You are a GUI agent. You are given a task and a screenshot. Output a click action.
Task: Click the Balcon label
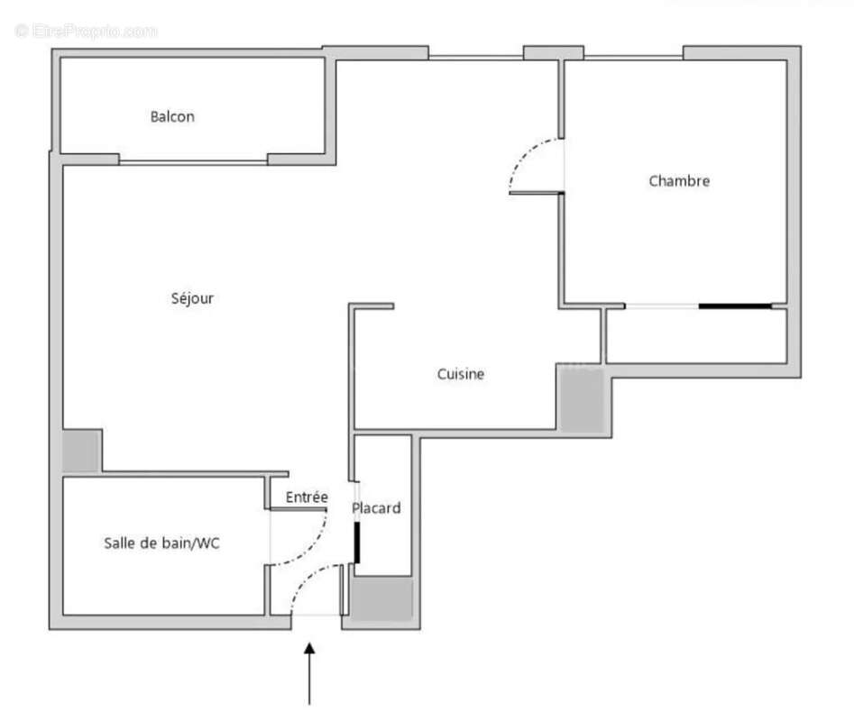click(172, 116)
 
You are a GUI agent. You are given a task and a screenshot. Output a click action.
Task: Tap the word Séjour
click(192, 298)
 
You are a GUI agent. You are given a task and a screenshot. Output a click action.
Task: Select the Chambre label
click(679, 180)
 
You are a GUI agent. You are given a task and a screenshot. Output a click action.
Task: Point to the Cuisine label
click(461, 374)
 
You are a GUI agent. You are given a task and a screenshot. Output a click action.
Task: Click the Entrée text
click(307, 497)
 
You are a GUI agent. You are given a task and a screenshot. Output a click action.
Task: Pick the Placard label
click(376, 507)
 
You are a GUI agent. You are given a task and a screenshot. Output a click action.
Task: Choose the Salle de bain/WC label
click(161, 543)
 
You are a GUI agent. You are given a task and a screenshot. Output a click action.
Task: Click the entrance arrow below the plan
click(309, 673)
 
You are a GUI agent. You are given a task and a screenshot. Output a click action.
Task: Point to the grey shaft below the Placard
click(381, 598)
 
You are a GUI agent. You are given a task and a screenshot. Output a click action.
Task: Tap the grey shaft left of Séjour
click(80, 452)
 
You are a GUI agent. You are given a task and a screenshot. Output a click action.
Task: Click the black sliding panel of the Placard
click(357, 543)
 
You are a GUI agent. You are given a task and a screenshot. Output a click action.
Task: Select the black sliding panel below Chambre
click(735, 306)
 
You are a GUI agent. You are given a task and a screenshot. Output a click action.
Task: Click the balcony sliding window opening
click(193, 161)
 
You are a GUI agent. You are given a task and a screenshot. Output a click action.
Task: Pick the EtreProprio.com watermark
click(86, 31)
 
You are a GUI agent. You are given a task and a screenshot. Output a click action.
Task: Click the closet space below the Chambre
click(696, 336)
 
